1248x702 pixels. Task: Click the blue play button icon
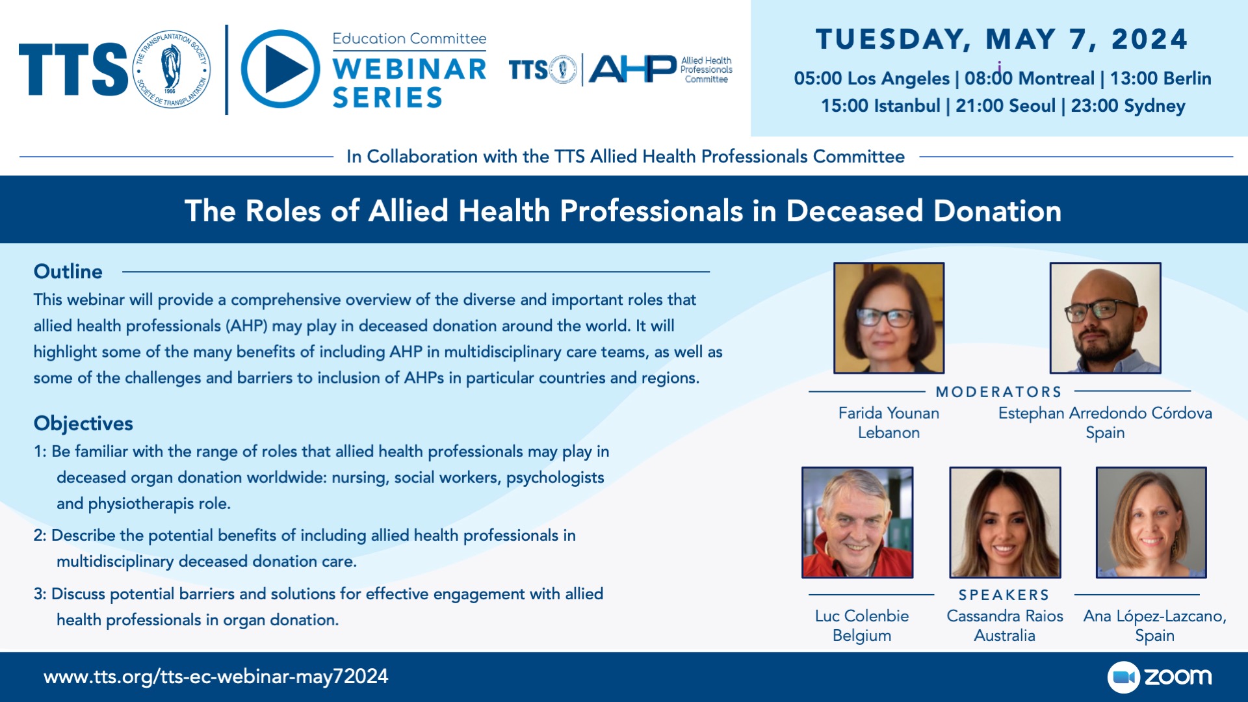280,69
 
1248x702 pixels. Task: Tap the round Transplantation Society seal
172,69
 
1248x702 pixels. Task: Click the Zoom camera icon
1123,677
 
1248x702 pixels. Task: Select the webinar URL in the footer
216,677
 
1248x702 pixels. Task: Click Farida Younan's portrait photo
889,318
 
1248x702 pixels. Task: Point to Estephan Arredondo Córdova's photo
1105,318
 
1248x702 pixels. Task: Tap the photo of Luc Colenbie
857,523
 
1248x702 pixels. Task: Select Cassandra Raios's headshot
1005,523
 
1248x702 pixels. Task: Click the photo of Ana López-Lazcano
1151,523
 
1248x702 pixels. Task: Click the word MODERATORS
999,392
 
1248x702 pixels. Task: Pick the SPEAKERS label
1004,595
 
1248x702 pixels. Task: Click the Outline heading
68,271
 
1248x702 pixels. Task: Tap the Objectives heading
83,423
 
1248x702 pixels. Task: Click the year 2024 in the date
1150,39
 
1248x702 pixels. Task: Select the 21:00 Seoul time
1006,105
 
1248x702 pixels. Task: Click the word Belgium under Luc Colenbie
862,635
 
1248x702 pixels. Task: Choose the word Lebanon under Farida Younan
889,432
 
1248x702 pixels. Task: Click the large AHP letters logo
632,69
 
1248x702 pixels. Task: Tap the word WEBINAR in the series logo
409,69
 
